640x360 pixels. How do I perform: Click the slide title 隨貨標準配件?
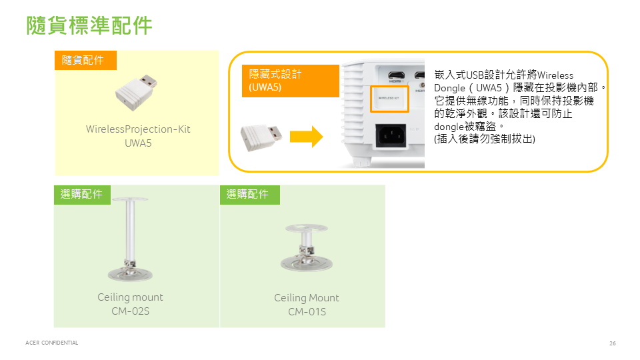point(90,25)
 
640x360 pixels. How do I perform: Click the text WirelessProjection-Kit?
point(138,129)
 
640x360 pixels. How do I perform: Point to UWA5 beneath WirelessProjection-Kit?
point(138,143)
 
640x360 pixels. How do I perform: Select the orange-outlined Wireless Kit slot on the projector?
point(389,98)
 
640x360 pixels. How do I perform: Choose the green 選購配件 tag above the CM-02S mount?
point(82,194)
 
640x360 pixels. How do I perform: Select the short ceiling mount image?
point(306,247)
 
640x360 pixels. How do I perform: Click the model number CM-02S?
point(130,311)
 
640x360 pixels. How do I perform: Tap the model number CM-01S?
point(307,312)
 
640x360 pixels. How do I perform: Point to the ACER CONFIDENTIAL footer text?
point(51,343)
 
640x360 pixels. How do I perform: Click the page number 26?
point(612,343)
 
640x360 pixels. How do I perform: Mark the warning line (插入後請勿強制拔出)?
point(484,139)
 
